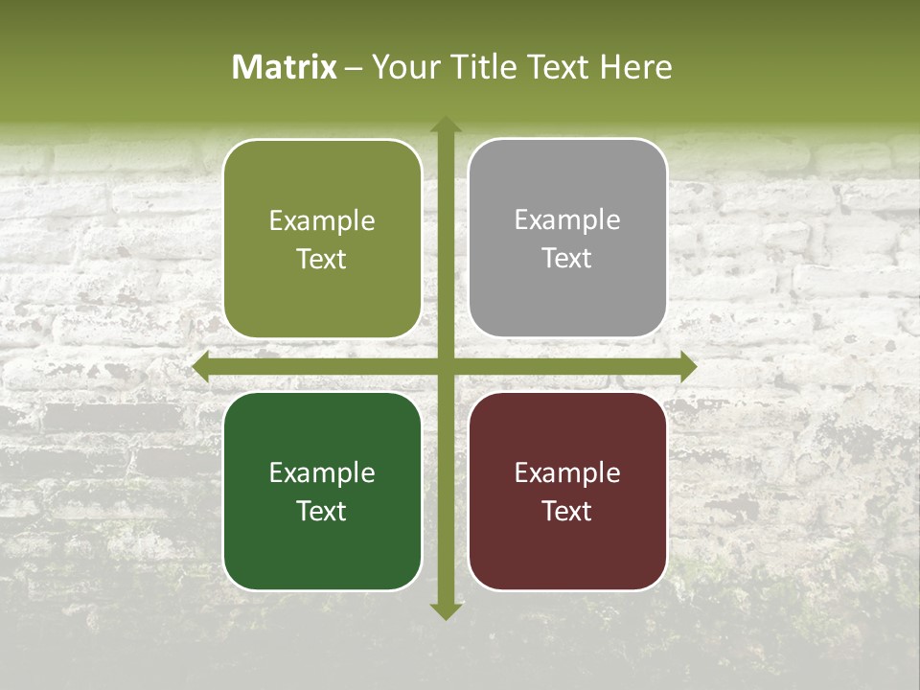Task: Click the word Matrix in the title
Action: (285, 67)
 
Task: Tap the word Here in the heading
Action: (635, 67)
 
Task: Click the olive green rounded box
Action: (322, 239)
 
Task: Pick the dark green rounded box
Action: (322, 491)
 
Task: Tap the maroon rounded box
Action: (567, 491)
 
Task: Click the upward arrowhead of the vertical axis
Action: (445, 125)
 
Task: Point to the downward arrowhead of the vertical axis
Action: (445, 610)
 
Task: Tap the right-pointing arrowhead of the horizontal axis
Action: (687, 367)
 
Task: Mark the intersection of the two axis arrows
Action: (445, 367)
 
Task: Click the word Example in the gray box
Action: (567, 219)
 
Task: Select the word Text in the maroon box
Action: (567, 511)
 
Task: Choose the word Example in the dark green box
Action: (322, 472)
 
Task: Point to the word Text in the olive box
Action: (322, 259)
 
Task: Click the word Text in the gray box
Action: (567, 258)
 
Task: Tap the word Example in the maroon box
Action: (567, 472)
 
